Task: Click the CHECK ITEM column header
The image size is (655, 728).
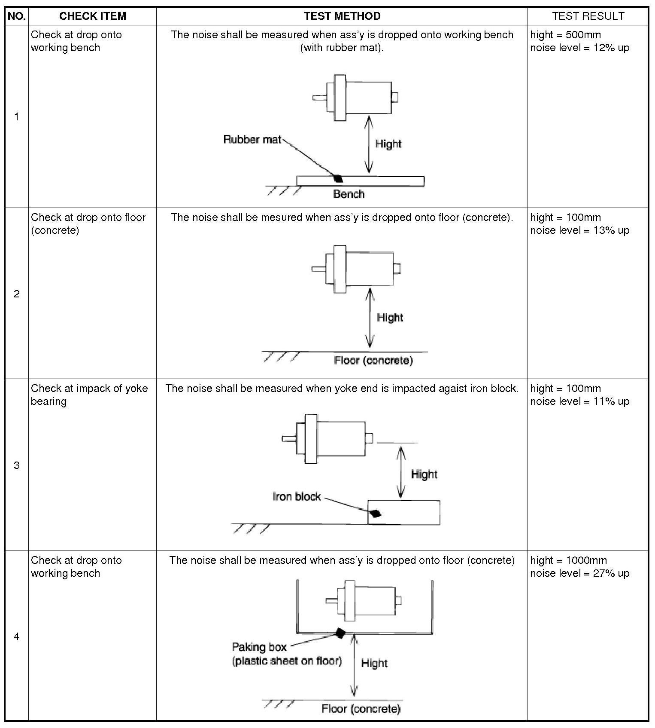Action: [92, 16]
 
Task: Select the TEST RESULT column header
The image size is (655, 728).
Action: [588, 16]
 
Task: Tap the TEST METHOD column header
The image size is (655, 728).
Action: [342, 16]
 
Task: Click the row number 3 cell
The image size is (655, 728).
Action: [17, 465]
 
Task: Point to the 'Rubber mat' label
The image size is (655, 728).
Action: [252, 139]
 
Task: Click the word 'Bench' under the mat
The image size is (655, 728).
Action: [349, 194]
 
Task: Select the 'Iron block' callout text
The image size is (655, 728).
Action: [297, 497]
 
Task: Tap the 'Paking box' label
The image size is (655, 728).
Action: [259, 647]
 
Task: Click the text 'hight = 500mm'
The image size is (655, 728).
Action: [565, 35]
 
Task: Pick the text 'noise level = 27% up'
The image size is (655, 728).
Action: [579, 573]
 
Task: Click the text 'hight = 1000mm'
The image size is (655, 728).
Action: [568, 560]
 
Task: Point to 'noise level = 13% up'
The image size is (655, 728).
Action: [579, 230]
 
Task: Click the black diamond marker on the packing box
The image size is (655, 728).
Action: [340, 633]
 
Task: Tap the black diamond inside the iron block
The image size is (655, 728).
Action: [376, 513]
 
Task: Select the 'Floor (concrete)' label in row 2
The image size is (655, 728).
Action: [373, 360]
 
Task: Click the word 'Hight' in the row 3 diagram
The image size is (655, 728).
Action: [424, 474]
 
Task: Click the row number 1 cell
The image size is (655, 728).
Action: [17, 116]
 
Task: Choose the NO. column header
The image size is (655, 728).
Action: [17, 16]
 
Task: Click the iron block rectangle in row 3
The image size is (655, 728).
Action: [412, 512]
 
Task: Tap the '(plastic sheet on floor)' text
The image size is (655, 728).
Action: [287, 661]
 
